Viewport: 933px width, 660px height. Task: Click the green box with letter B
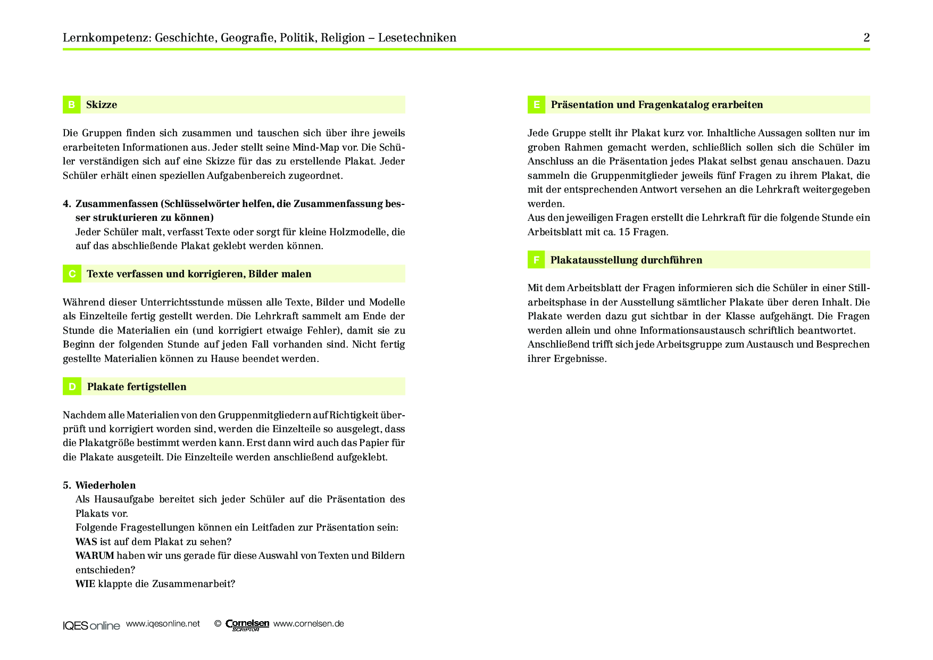71,105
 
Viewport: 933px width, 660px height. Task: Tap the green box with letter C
72,274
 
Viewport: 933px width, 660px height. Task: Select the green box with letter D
72,387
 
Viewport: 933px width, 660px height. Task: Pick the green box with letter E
536,105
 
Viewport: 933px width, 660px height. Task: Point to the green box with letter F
536,260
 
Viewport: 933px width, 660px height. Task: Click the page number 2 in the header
867,38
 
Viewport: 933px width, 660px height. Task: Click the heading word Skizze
102,105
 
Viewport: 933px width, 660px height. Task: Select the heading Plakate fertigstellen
137,387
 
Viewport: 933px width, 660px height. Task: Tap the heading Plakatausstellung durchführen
626,260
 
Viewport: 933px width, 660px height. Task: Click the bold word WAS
86,542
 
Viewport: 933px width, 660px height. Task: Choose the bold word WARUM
95,556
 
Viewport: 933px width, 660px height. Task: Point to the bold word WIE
85,584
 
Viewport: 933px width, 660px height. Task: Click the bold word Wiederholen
105,485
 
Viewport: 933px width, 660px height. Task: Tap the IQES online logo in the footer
91,625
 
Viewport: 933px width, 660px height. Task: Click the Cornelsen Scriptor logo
247,625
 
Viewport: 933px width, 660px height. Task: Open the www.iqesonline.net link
163,624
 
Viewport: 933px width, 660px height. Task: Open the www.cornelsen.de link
309,624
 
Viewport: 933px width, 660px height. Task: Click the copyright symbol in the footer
218,624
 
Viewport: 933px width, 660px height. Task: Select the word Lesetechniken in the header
417,38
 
